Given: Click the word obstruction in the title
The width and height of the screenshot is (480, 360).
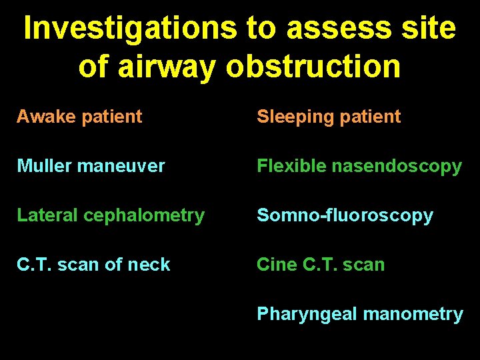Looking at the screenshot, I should tap(313, 66).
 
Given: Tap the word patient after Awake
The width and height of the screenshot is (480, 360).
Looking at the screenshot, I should tap(111, 117).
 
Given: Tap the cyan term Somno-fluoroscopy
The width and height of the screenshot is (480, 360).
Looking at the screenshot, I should tap(345, 215).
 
